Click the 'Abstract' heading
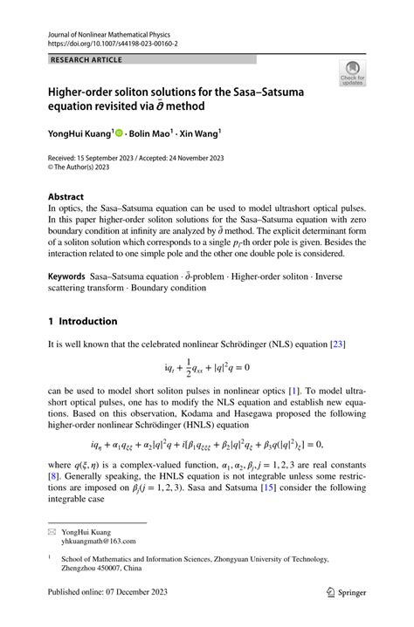click(x=66, y=197)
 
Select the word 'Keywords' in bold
click(x=66, y=276)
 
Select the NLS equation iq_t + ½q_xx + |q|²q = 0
click(x=206, y=371)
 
